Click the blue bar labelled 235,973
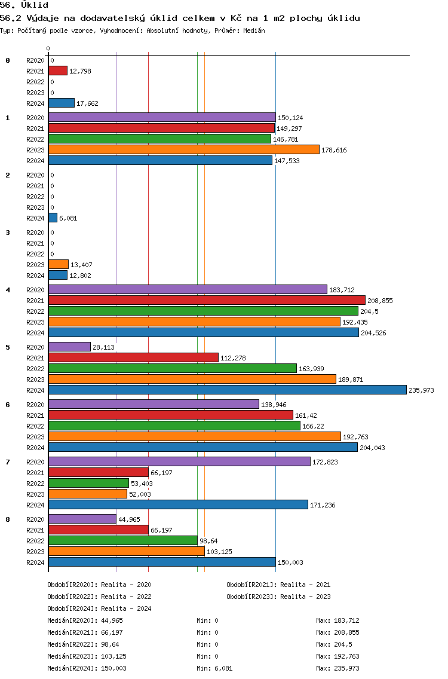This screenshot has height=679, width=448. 228,390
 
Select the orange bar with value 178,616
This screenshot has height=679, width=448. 184,150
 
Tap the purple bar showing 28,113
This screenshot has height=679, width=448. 70,347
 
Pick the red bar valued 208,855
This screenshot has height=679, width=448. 207,301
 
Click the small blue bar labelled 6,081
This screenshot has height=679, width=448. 53,218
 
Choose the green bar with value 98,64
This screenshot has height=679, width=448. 123,540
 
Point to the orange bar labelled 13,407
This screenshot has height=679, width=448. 59,264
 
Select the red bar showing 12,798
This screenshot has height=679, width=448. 58,71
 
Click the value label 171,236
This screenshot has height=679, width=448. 323,505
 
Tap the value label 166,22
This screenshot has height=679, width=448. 313,426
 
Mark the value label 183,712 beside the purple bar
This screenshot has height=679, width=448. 342,290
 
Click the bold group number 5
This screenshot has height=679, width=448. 8,347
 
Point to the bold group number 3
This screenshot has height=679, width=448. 8,233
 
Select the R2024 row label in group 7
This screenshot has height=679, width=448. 35,505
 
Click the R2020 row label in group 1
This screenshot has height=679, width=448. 35,118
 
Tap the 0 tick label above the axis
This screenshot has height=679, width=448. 48,48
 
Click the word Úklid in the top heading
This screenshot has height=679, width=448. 35,5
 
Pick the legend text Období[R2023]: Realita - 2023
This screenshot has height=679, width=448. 278,597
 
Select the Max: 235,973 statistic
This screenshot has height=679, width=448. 337,668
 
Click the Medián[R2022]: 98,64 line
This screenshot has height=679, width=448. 83,644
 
